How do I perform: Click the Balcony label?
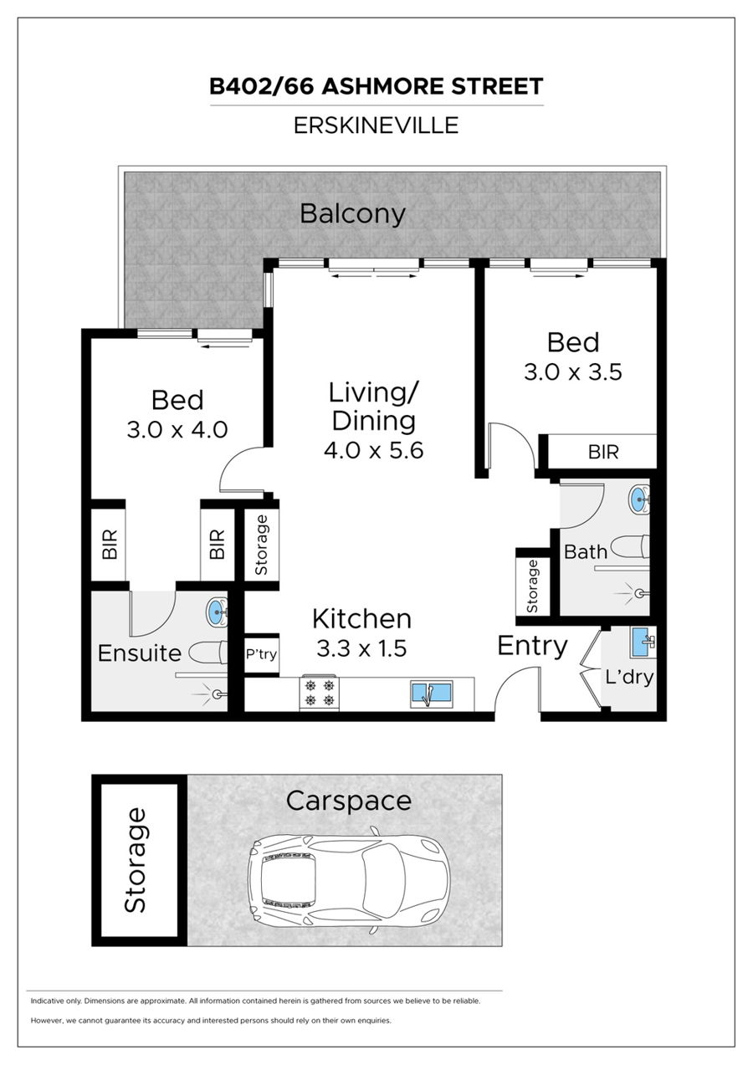click(352, 214)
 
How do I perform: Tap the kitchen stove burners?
click(319, 694)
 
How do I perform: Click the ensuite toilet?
click(208, 653)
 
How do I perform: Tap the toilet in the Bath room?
click(629, 547)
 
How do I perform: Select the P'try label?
click(261, 655)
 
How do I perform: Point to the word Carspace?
click(348, 801)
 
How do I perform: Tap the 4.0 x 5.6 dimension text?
click(374, 450)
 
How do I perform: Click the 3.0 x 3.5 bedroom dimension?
click(573, 371)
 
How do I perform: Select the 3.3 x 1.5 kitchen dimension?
click(361, 648)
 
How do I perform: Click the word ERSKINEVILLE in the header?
click(376, 125)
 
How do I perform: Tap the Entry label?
click(532, 646)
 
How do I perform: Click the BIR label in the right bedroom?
click(603, 452)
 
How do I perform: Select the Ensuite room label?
click(139, 653)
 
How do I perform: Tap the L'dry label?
click(629, 677)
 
